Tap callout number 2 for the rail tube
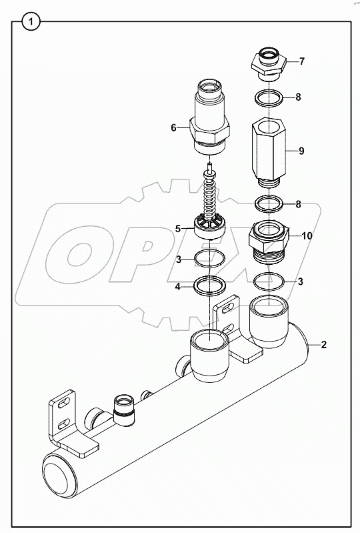coord(324,345)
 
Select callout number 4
coord(177,288)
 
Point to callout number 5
coord(178,229)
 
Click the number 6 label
coord(173,127)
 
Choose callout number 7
coord(301,61)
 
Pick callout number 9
coord(301,151)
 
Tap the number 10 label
coord(307,235)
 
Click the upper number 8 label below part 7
coord(298,97)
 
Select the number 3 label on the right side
coord(301,282)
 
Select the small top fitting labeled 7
coord(269,61)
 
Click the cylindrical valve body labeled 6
coord(210,117)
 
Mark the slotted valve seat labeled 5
coord(211,227)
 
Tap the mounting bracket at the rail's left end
coord(63,424)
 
